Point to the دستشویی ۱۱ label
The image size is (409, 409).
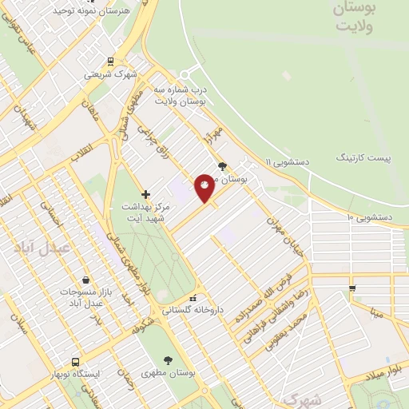pos(292,161)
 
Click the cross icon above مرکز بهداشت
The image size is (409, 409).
pos(145,194)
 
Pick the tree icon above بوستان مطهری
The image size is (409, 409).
pos(167,360)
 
